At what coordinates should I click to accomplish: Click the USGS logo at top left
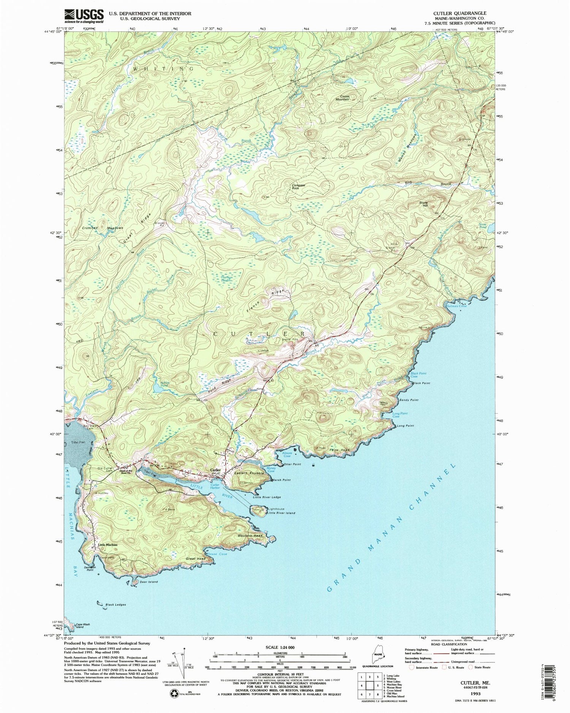click(x=84, y=16)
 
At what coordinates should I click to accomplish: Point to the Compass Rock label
click(x=298, y=187)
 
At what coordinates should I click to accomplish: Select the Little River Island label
click(x=281, y=513)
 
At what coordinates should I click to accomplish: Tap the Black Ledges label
click(x=116, y=604)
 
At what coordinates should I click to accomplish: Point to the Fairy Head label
click(x=339, y=450)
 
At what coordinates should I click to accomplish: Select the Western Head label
click(x=250, y=536)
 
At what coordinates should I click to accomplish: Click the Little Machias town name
click(x=108, y=545)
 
